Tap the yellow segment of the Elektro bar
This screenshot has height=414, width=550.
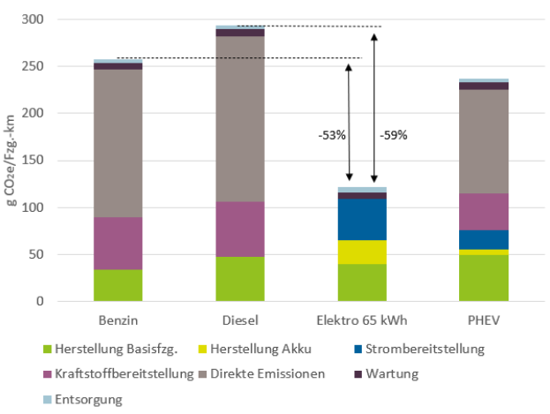[x=362, y=252]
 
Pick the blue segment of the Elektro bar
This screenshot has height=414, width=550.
[x=362, y=219]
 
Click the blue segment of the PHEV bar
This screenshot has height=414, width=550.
[x=484, y=239]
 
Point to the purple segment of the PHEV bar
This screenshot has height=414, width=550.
[x=484, y=212]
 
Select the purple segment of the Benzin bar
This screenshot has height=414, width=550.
[x=118, y=243]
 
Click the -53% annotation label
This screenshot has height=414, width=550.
[x=331, y=137]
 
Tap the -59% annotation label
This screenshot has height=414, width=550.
[x=393, y=137]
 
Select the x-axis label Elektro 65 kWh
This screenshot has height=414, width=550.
[x=362, y=319]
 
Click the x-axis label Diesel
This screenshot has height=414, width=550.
[x=240, y=319]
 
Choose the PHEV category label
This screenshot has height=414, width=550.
[x=484, y=319]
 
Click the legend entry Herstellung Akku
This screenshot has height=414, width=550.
[x=265, y=350]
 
